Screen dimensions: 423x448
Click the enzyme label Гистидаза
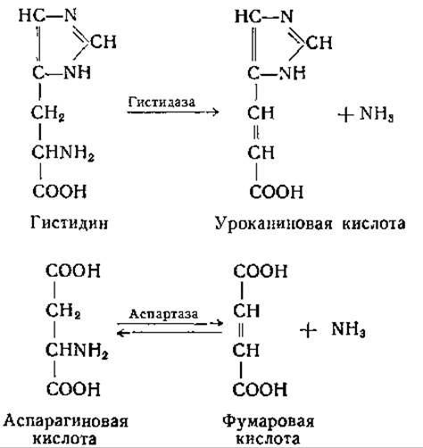(162, 102)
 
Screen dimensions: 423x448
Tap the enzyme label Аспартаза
(163, 314)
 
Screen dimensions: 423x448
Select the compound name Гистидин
(70, 222)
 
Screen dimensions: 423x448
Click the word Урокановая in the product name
(273, 223)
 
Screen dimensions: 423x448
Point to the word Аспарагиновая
(66, 421)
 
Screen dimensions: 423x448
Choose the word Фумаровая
(269, 421)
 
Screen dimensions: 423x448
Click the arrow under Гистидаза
(173, 112)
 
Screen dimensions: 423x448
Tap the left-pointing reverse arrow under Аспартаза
(170, 332)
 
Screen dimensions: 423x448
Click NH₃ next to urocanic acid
(377, 113)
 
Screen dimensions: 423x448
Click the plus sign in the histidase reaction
(345, 115)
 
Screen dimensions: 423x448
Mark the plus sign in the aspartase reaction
(309, 330)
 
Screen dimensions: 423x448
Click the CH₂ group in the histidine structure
(48, 113)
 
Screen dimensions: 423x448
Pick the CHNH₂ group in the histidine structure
(62, 153)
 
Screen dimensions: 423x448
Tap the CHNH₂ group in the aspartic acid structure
(77, 351)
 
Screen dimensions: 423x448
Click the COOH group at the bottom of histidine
(60, 191)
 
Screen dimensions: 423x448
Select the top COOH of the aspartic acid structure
(73, 270)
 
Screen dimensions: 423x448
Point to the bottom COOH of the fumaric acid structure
(260, 389)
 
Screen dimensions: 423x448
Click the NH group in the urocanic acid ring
(292, 73)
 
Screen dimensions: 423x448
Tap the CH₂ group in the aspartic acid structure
(63, 311)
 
